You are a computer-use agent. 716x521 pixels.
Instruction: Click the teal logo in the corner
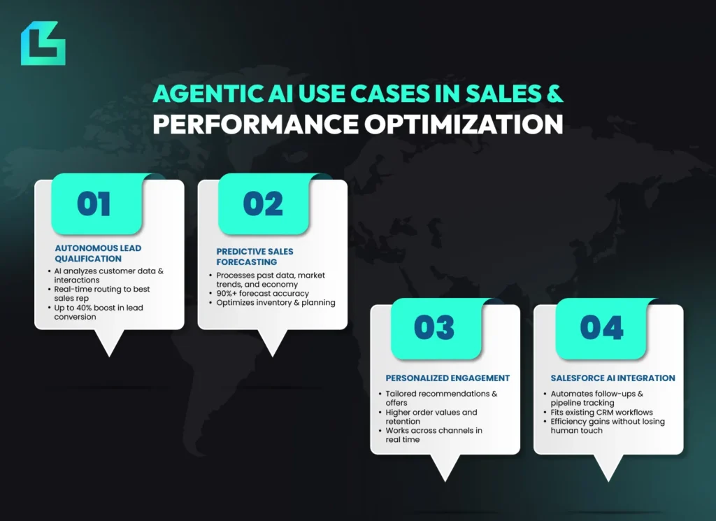(x=43, y=43)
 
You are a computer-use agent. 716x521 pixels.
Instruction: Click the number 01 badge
(x=96, y=204)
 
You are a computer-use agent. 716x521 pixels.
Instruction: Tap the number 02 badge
(x=264, y=204)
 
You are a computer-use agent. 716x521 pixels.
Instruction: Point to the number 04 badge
(x=601, y=328)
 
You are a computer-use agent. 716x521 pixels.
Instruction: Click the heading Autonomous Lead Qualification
(x=98, y=253)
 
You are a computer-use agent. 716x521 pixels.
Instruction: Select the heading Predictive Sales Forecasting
(x=255, y=257)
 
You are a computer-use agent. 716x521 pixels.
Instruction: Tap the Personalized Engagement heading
(x=447, y=378)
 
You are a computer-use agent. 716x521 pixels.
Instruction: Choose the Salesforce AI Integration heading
(x=613, y=378)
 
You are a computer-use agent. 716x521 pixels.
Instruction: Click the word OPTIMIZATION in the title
(x=464, y=124)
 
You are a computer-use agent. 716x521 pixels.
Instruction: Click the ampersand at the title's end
(x=554, y=94)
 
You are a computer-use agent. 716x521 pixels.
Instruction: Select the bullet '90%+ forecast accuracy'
(x=263, y=293)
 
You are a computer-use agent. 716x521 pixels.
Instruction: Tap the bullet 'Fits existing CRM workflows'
(x=601, y=412)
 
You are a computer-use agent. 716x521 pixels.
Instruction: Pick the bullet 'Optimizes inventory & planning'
(x=275, y=302)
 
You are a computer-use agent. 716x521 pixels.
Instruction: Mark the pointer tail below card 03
(x=445, y=466)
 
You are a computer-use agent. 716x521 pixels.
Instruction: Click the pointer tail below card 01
(x=110, y=342)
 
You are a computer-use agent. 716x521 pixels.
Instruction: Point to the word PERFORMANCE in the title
(x=256, y=124)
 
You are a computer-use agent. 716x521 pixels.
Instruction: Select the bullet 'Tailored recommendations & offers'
(x=441, y=398)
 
